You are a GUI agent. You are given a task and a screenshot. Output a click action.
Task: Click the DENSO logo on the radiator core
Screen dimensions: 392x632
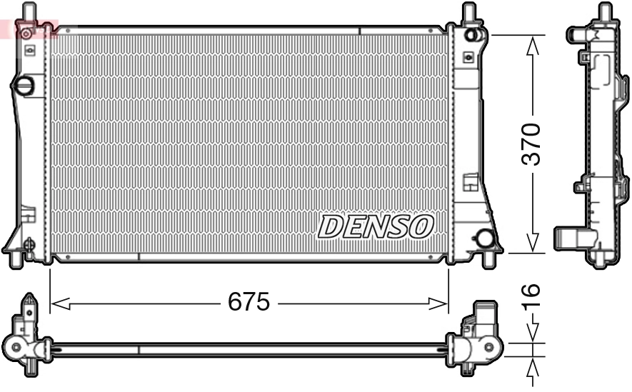pyautogui.click(x=376, y=226)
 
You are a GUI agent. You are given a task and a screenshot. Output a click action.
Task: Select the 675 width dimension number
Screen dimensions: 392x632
pyautogui.click(x=249, y=303)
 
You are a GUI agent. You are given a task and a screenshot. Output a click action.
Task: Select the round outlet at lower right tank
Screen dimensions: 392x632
pyautogui.click(x=486, y=238)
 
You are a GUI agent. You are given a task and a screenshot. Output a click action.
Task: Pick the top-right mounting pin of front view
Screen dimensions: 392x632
pyautogui.click(x=468, y=12)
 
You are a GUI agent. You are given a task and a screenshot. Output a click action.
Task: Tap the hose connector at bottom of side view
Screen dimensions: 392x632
pyautogui.click(x=570, y=237)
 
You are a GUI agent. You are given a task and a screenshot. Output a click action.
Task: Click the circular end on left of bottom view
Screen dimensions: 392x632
pyautogui.click(x=16, y=348)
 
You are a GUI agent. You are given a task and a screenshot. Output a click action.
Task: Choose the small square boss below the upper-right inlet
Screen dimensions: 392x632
pyautogui.click(x=468, y=57)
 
